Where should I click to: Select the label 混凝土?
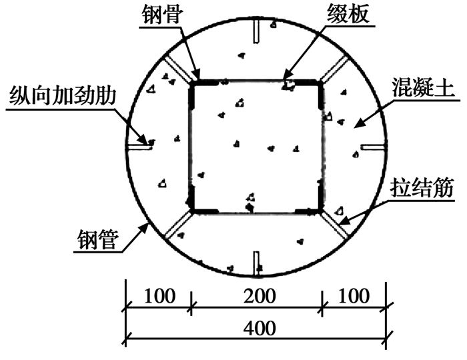click(423, 87)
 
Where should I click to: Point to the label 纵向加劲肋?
click(62, 96)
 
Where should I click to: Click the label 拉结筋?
click(422, 188)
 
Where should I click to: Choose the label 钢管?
click(98, 239)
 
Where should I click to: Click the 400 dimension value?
click(260, 329)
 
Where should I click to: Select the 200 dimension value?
click(260, 296)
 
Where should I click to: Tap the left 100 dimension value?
click(159, 296)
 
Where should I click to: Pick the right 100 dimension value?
click(354, 296)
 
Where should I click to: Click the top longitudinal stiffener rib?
click(256, 31)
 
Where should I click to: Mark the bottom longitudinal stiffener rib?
click(256, 263)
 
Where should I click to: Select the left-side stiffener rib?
click(139, 147)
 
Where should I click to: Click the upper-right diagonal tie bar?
click(334, 69)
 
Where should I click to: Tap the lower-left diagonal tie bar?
click(178, 225)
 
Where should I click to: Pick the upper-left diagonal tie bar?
click(179, 69)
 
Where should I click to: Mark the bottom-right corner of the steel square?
click(321, 212)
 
